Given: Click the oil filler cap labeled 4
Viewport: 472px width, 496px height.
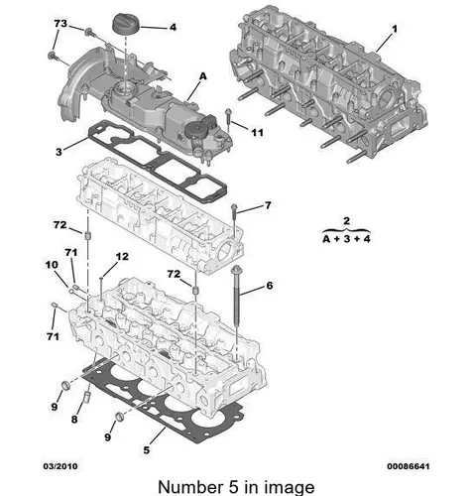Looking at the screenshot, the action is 126,23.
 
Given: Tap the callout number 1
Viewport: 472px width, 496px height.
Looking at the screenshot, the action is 395,29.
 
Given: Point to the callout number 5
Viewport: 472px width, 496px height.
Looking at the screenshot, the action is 147,450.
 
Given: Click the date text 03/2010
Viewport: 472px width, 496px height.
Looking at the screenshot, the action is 60,466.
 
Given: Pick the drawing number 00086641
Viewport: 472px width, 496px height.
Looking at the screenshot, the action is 409,466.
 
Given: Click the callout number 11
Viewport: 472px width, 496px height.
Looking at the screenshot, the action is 258,133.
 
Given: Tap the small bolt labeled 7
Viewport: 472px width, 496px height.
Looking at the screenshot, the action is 234,218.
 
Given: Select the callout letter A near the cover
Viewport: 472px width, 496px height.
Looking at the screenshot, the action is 203,76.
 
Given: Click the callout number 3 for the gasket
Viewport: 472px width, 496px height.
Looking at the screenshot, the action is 59,152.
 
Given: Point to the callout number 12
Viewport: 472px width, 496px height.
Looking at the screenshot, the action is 122,256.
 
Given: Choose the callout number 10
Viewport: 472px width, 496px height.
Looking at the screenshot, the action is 52,265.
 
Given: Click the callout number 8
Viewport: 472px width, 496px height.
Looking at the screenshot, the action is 74,420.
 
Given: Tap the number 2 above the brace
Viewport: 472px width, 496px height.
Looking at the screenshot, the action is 346,220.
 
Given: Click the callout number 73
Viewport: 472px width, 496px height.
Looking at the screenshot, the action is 60,24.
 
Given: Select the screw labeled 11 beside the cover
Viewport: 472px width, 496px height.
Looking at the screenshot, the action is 228,121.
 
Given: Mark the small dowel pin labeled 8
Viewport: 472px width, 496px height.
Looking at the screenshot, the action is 87,397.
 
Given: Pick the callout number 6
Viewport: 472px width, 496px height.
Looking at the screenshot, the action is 270,286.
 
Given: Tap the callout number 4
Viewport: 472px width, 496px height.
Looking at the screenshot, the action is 173,27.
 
